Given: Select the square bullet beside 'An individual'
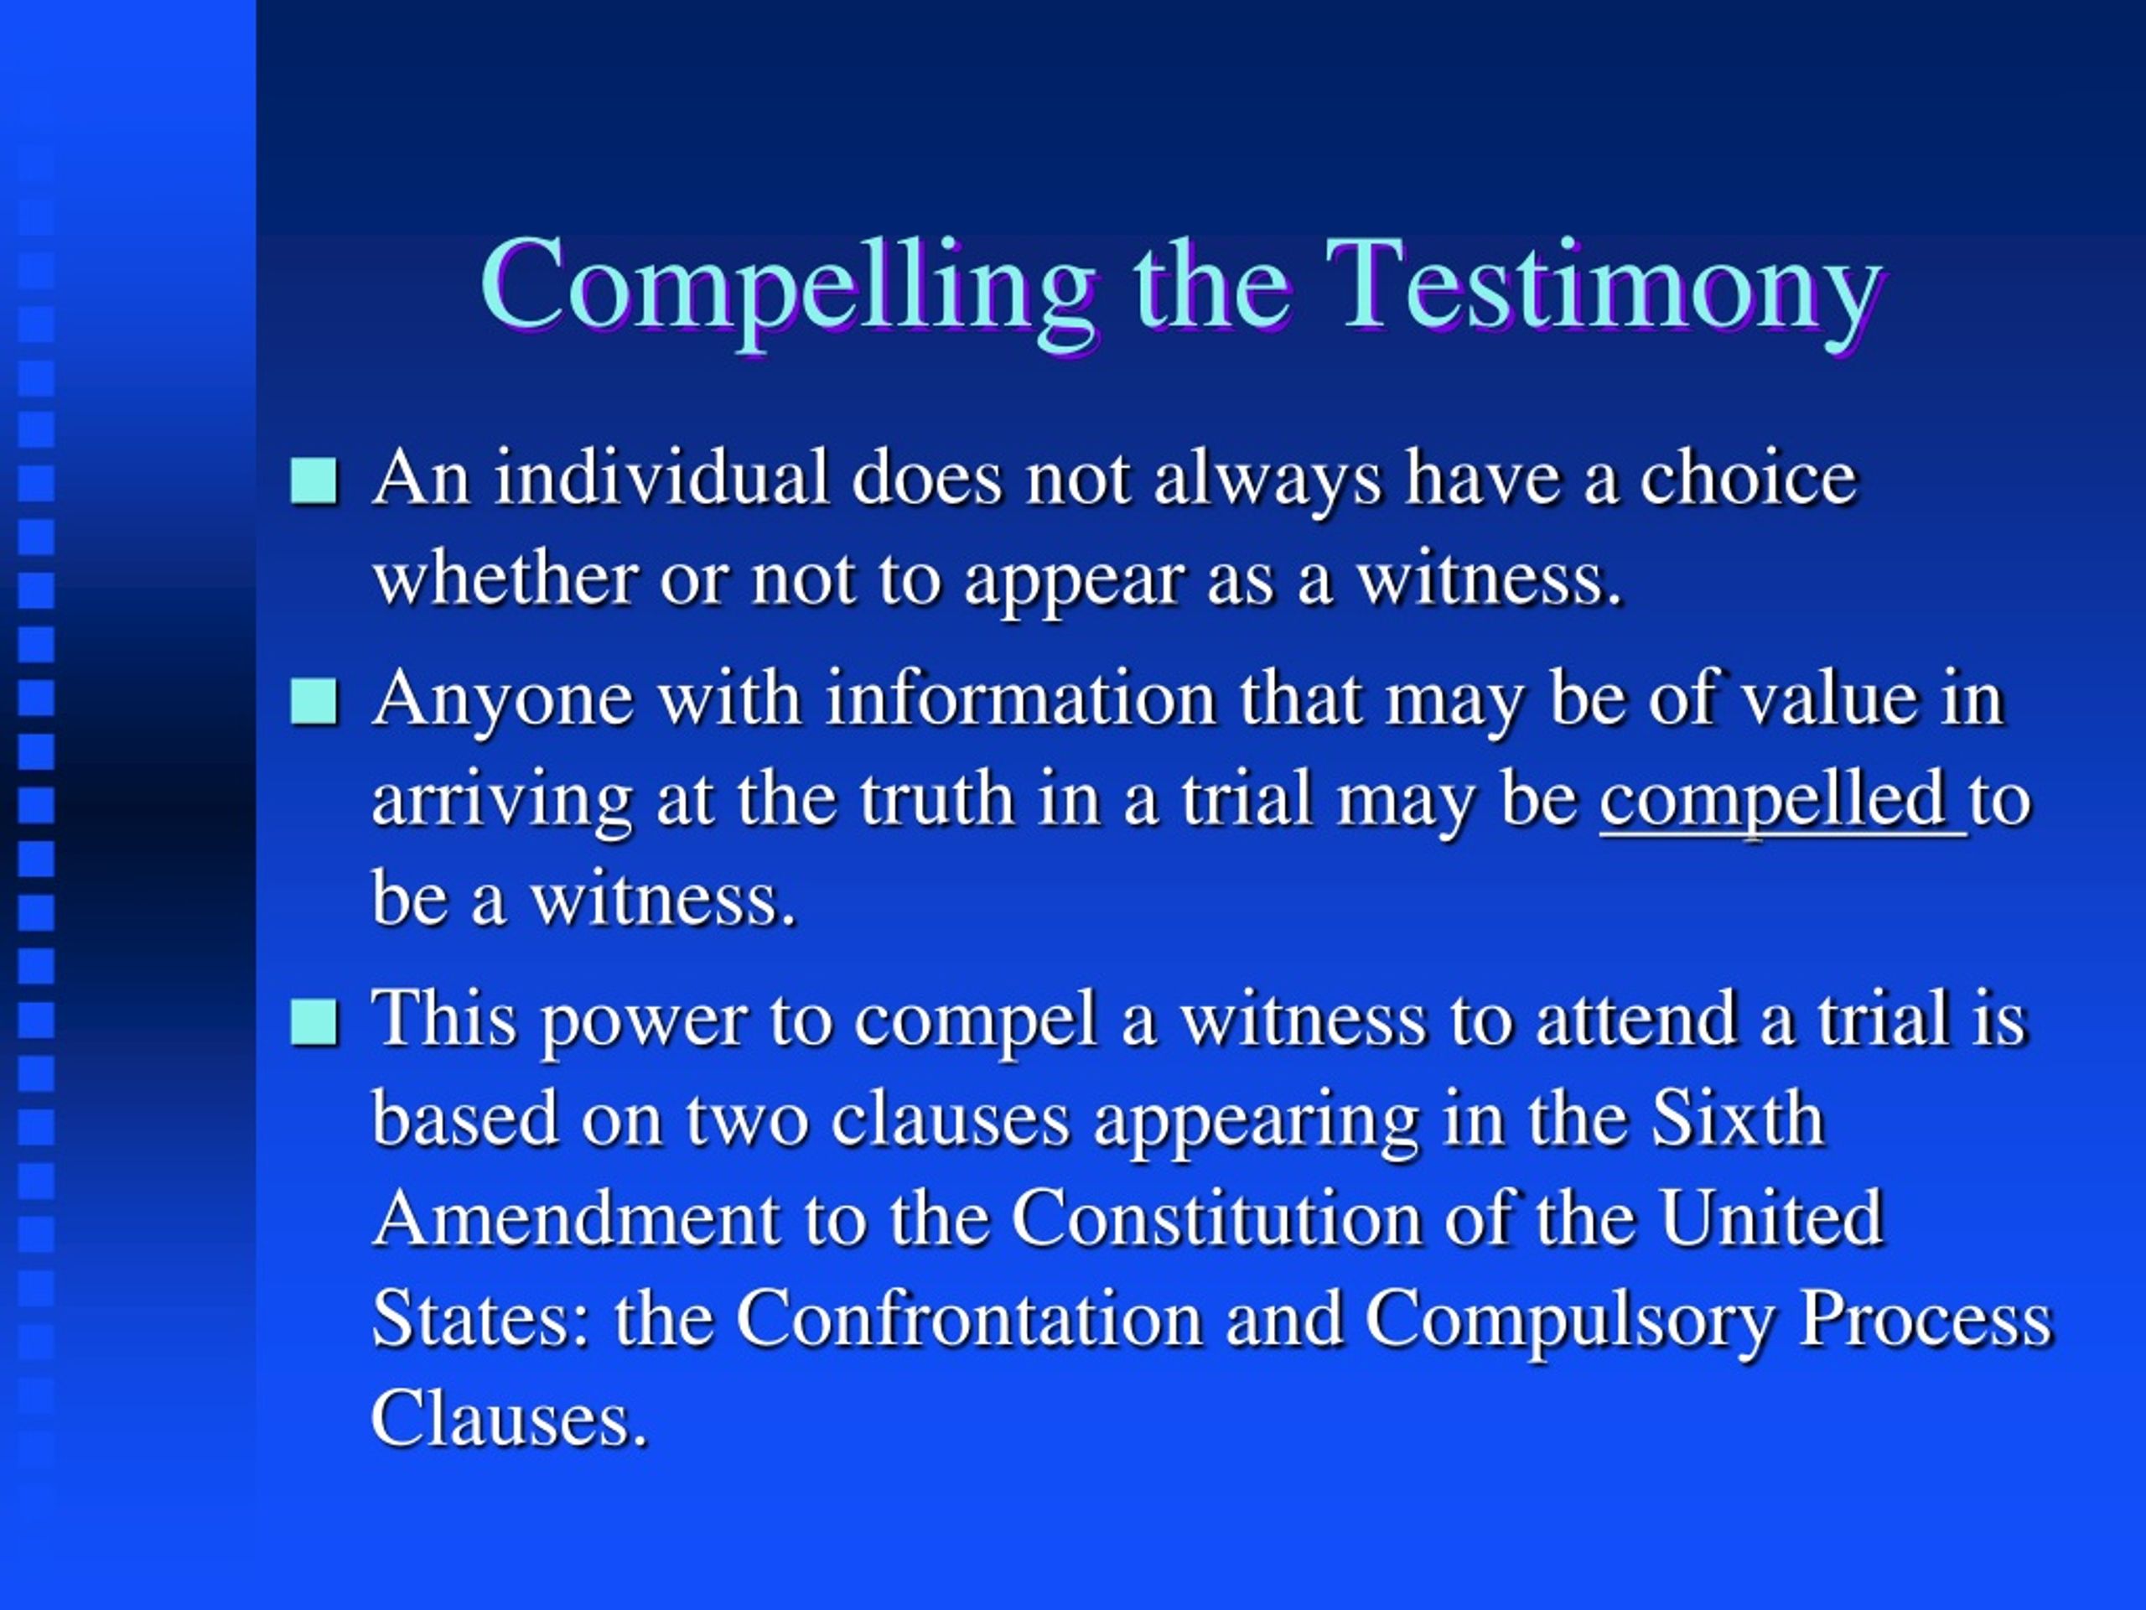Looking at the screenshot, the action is [x=314, y=480].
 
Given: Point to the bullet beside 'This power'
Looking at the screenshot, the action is [x=314, y=1021].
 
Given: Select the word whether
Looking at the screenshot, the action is [x=504, y=579].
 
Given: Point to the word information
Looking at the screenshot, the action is [x=1021, y=699].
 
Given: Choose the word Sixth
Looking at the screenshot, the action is [x=1737, y=1118].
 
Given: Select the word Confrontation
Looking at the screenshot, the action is [x=968, y=1320].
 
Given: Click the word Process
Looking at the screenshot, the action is [x=1926, y=1320].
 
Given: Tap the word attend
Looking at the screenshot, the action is [x=1635, y=1021].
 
